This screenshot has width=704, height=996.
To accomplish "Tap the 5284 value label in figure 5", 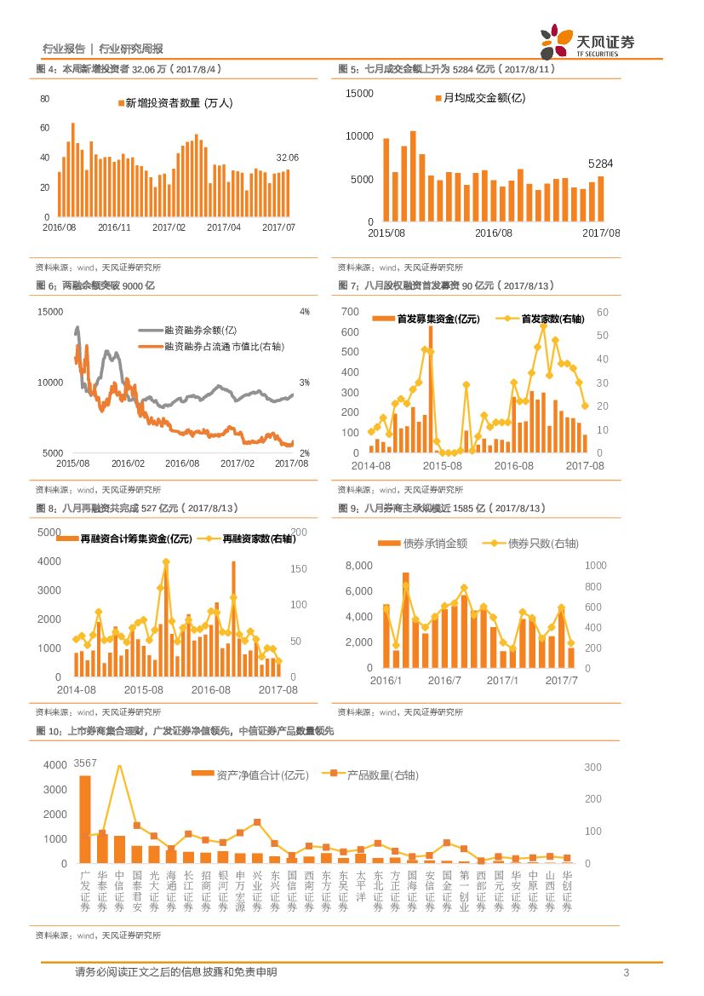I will (x=601, y=164).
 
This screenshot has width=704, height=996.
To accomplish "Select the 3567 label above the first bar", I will (x=85, y=762).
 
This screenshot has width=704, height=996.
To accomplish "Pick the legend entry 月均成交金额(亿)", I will (x=480, y=98).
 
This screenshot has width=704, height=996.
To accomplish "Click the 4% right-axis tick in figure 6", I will (x=305, y=312).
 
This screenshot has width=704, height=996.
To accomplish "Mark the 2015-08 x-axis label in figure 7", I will (x=443, y=466).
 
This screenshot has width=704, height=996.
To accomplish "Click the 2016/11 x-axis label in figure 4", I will (x=114, y=227).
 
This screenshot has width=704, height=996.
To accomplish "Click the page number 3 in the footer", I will (x=627, y=973).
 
